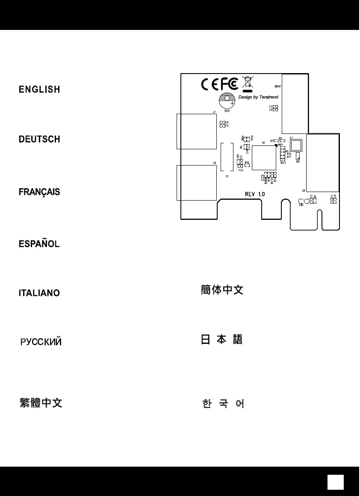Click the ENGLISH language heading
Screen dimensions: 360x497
click(x=39, y=89)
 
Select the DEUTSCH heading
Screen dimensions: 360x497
click(x=39, y=139)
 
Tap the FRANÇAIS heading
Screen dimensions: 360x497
click(x=39, y=192)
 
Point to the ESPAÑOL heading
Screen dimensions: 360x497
click(x=39, y=244)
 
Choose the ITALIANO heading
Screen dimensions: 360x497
click(x=39, y=293)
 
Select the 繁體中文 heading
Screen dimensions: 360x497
click(x=41, y=403)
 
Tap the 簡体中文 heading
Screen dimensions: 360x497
click(x=222, y=290)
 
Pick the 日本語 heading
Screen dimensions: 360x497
click(x=222, y=340)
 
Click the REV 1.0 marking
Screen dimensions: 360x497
click(x=255, y=194)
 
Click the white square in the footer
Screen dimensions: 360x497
click(x=336, y=482)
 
